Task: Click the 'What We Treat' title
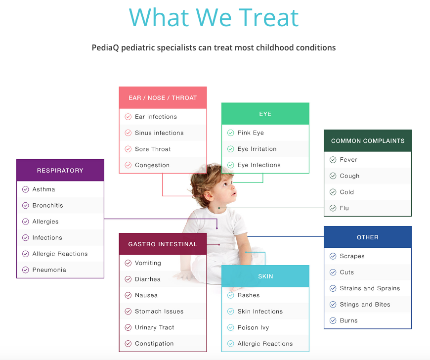coord(214,18)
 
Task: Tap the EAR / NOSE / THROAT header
coord(163,98)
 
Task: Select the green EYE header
coord(265,114)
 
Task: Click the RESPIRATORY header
coord(60,171)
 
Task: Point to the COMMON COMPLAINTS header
coord(367,141)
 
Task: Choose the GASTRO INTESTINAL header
coord(163,244)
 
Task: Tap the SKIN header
coord(265,276)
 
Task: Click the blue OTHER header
coord(367,237)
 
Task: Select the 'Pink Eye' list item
coord(251,133)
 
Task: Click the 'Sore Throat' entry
coord(153,149)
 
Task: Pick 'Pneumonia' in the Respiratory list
coord(49,270)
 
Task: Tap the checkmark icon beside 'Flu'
coord(333,208)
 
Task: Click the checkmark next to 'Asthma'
coord(26,189)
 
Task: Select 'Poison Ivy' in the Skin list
coord(253,328)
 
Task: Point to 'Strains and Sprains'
coord(370,288)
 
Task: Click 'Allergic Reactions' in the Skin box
coord(265,344)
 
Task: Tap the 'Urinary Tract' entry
coord(154,328)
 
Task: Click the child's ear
coord(208,195)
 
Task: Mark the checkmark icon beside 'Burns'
coord(333,320)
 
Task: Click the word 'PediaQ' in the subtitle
coord(105,48)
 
